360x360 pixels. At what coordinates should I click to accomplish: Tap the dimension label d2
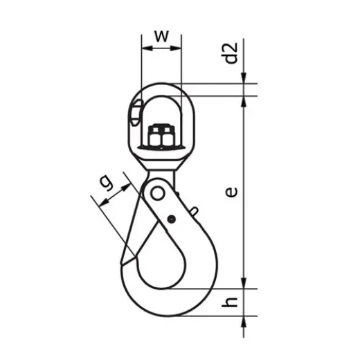click(x=233, y=53)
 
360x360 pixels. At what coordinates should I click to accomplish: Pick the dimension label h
click(x=233, y=302)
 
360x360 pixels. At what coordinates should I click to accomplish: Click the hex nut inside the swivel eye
click(x=161, y=135)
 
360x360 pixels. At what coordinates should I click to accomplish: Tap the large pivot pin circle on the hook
click(x=159, y=192)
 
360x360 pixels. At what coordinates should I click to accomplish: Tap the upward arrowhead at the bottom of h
click(x=246, y=321)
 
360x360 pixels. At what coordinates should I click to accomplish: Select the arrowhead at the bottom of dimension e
click(x=246, y=284)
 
